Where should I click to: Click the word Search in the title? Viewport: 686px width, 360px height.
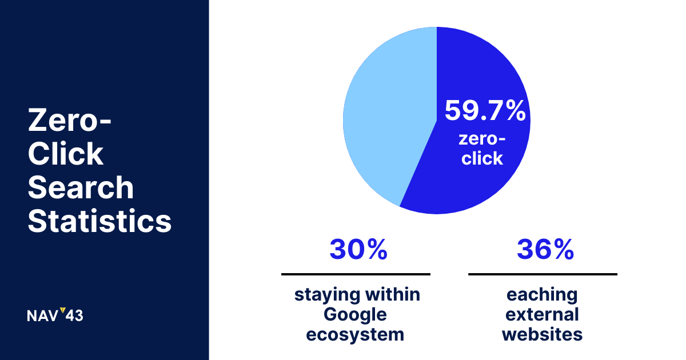click(81, 187)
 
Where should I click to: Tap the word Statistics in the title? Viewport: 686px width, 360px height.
click(99, 221)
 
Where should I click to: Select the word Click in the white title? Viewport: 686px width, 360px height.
click(66, 153)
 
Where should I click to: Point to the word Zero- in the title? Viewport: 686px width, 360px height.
click(70, 120)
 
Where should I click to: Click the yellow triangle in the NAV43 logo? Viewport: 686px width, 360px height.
click(63, 310)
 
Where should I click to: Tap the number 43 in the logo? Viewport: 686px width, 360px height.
click(74, 316)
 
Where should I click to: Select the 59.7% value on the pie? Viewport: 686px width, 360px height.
click(485, 110)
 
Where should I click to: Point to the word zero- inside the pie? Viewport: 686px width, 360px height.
click(482, 139)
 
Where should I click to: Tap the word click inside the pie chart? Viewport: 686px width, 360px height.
click(482, 158)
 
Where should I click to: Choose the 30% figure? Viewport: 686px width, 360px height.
click(358, 250)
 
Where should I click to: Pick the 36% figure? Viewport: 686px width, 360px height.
click(545, 250)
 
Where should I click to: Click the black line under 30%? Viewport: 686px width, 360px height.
click(356, 274)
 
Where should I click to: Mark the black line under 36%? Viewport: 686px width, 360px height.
click(543, 274)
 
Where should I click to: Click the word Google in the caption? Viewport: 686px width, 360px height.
click(355, 315)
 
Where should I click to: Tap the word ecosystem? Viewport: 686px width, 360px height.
click(355, 335)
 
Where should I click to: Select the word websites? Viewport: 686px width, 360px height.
click(543, 334)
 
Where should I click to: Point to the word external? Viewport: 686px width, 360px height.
click(542, 314)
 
